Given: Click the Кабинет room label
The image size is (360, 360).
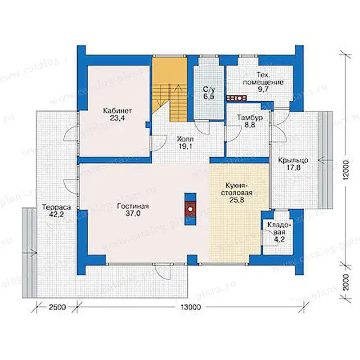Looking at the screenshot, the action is [x=117, y=111].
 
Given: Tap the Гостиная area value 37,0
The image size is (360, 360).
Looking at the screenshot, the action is [x=133, y=213].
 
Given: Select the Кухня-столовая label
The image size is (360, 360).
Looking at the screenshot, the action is [x=237, y=189].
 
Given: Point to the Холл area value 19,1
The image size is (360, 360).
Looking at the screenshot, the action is [x=185, y=147].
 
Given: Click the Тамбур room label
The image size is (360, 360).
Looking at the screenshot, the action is [x=250, y=118].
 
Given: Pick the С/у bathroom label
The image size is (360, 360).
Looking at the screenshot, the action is [x=209, y=89].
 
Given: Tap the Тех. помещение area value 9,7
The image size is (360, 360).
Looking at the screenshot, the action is [x=263, y=89].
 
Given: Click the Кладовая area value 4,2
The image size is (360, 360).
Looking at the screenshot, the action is [x=279, y=239].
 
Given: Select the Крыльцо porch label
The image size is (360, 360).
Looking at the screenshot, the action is [x=293, y=160].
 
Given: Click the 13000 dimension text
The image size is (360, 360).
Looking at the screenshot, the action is [x=190, y=307].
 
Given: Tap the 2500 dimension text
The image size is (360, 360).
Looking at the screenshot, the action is [x=57, y=307].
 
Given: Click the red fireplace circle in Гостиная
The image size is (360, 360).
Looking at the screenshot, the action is [x=190, y=209].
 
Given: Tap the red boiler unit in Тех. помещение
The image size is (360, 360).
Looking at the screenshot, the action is [x=237, y=98].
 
